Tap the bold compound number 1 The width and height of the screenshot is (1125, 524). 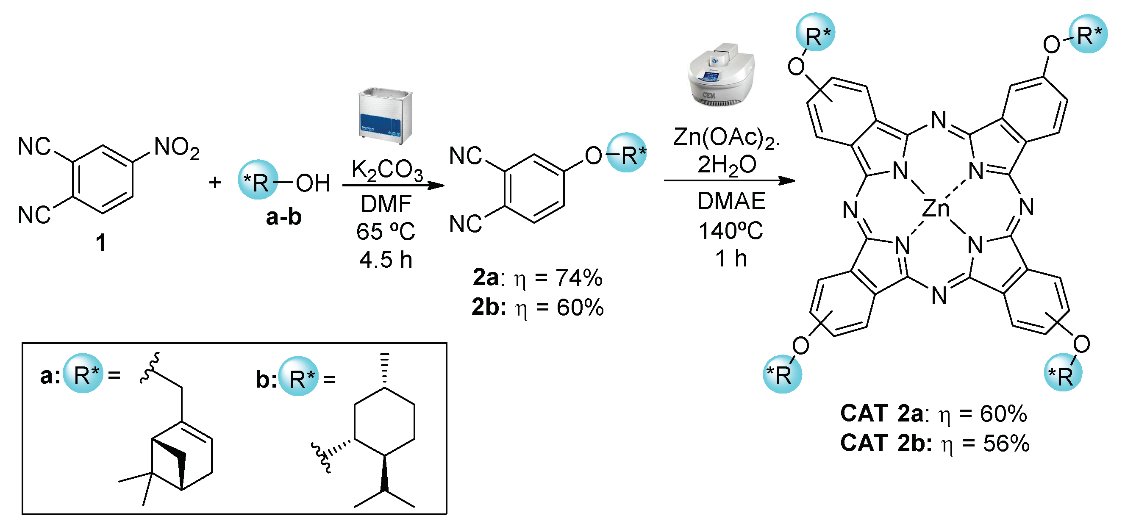tap(101, 242)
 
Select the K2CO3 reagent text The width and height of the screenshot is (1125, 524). tap(386, 170)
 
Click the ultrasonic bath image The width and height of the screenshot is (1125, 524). tap(385, 116)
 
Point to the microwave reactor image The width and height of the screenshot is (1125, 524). tap(721, 75)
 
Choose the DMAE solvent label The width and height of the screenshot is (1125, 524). tap(731, 201)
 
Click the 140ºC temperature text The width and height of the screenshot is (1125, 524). tap(731, 231)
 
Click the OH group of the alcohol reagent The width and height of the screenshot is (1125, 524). tap(313, 183)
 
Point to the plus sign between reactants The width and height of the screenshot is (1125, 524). tap(214, 183)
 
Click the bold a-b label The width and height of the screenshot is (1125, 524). tap(283, 217)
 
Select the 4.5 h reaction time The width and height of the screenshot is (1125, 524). tap(386, 260)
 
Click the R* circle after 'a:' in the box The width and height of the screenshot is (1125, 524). tap(83, 373)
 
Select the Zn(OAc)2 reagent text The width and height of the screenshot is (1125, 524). tap(725, 138)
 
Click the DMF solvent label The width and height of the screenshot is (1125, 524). tap(386, 204)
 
